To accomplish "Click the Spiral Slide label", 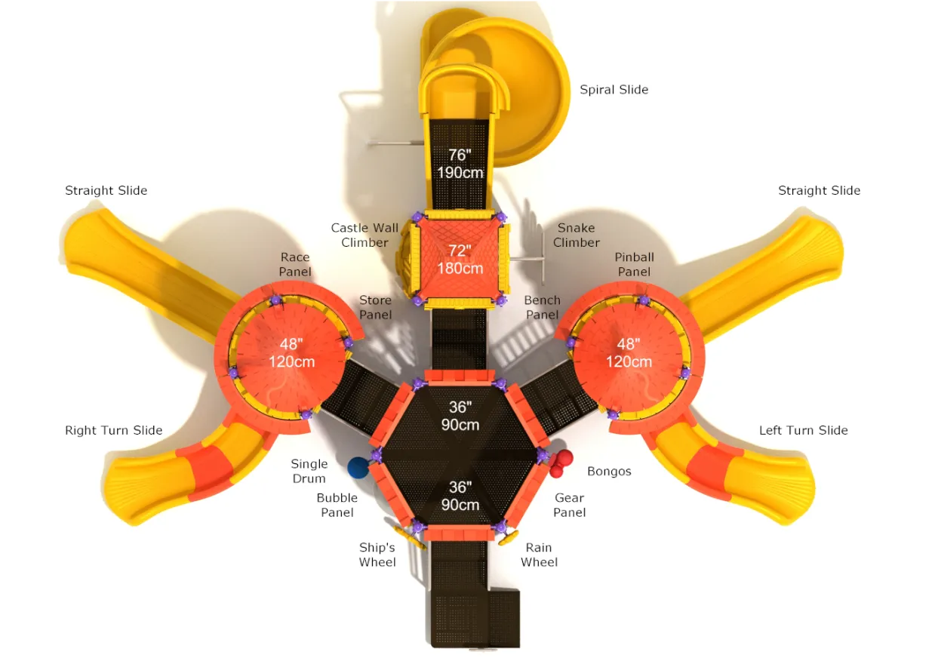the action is tap(614, 90).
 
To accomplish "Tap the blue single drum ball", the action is tap(358, 468).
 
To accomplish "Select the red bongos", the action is tap(561, 463).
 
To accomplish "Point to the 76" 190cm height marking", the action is tap(460, 164).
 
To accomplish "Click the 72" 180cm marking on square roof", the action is tap(460, 259).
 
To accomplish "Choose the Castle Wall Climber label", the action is tap(364, 235).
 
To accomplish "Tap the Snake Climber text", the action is tap(577, 235).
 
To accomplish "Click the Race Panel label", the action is tap(294, 265).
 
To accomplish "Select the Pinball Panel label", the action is tap(634, 265).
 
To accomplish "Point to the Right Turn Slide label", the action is tap(114, 430).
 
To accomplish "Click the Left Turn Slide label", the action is tap(804, 430).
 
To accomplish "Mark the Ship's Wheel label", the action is tap(377, 555).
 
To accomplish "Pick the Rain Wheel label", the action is tap(539, 555).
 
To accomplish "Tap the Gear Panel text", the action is tap(569, 505).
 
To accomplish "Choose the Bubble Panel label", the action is tap(337, 505).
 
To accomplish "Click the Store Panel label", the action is tap(375, 307).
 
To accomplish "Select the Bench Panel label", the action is tap(542, 307).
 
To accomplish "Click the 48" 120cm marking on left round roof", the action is tap(291, 352).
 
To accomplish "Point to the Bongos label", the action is tap(609, 472).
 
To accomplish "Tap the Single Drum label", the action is tap(309, 472).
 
